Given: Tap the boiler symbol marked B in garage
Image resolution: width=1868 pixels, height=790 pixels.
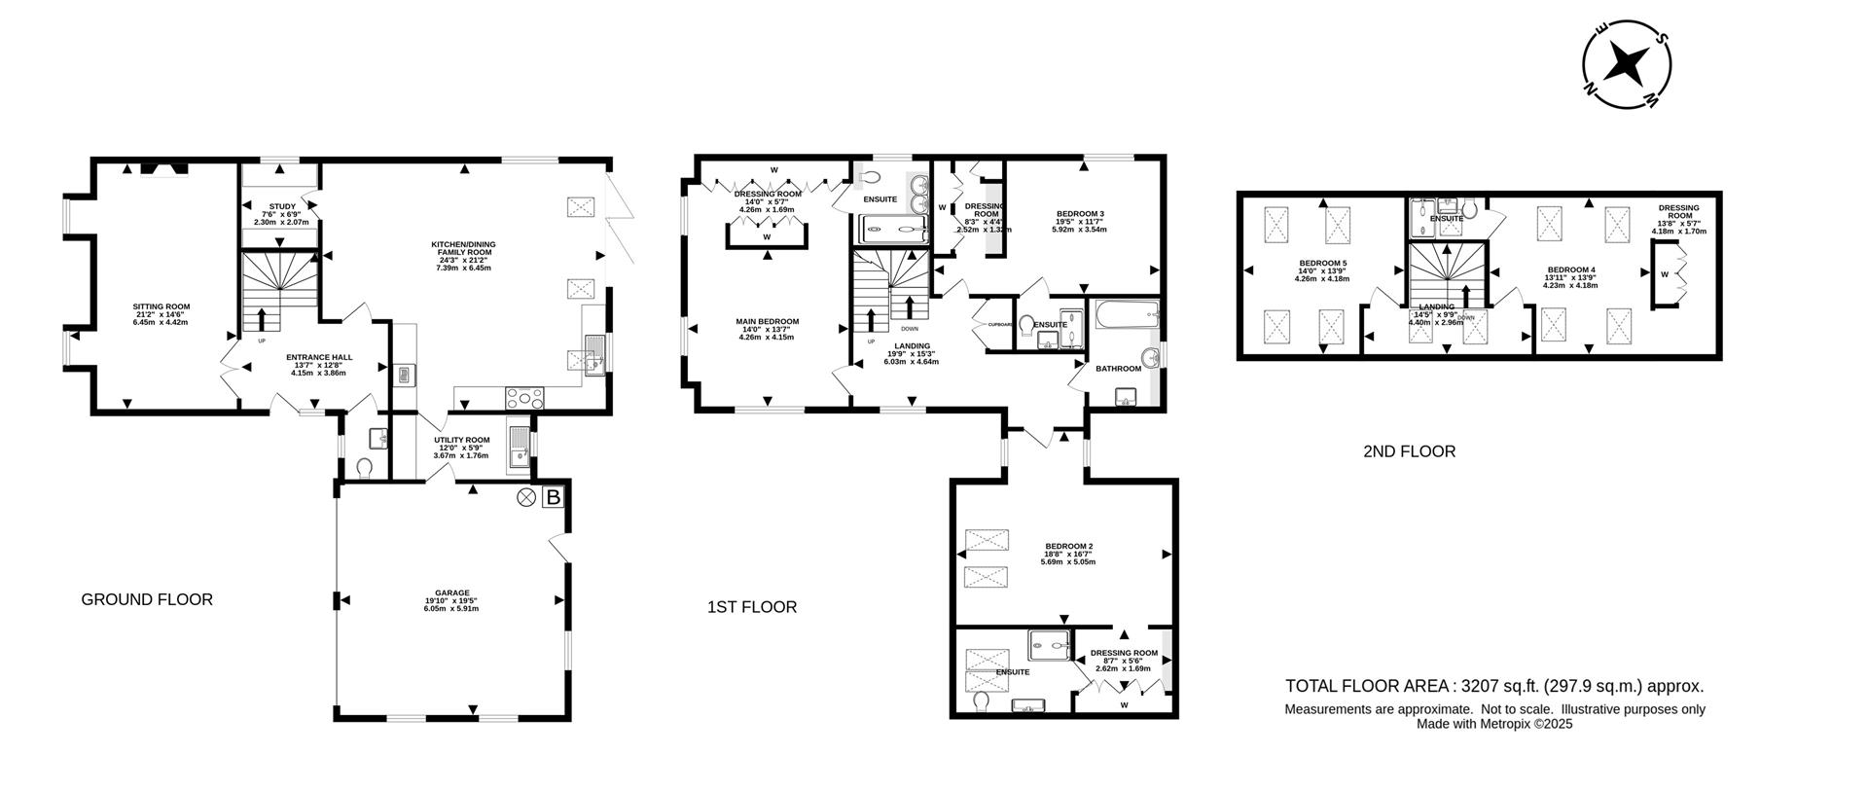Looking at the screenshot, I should pyautogui.click(x=554, y=498).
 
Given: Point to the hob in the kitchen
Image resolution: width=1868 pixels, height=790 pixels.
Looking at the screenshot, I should pyautogui.click(x=525, y=397).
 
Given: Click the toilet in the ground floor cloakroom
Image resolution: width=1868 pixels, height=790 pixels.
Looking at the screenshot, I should pyautogui.click(x=365, y=468).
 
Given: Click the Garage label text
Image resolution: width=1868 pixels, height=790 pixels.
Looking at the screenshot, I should pyautogui.click(x=452, y=592).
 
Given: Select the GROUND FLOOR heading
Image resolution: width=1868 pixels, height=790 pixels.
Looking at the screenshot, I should pyautogui.click(x=146, y=599).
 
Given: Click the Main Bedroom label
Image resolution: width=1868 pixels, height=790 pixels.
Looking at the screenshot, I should pyautogui.click(x=768, y=322).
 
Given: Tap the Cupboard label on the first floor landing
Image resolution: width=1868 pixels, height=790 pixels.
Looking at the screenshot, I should pyautogui.click(x=1001, y=325).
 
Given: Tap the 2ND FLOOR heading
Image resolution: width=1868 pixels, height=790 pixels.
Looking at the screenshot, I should pyautogui.click(x=1409, y=451).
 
